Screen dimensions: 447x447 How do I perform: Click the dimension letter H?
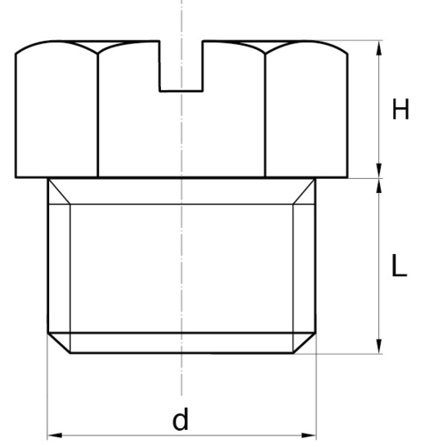[x=401, y=109]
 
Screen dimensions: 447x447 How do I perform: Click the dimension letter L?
[x=399, y=266]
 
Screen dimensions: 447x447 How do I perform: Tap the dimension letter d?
[x=181, y=418]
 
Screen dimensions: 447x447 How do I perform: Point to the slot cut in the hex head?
[x=181, y=65]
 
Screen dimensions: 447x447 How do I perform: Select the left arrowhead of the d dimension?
[x=55, y=435]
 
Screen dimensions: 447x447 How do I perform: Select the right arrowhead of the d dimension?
[x=308, y=435]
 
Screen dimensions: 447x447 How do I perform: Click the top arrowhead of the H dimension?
[x=379, y=47]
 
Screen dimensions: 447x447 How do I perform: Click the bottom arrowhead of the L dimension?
[x=379, y=346]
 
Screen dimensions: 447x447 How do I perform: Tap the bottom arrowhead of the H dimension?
[x=379, y=171]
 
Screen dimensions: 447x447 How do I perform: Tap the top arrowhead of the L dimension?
[x=379, y=186]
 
